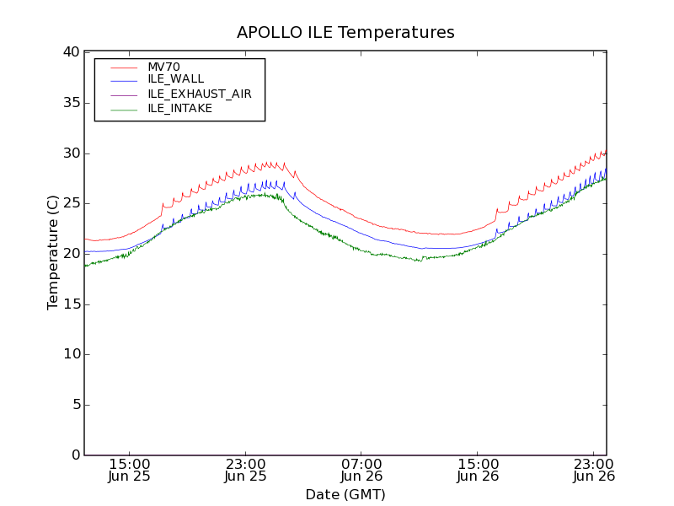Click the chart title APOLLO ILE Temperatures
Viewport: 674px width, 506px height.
[345, 33]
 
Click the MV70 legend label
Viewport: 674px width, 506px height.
[163, 67]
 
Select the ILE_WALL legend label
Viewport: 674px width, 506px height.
[175, 79]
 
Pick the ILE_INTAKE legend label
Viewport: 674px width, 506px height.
[179, 108]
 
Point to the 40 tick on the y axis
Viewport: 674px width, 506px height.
[70, 52]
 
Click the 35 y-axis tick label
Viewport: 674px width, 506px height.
[70, 103]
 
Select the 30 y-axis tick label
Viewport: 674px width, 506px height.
[70, 153]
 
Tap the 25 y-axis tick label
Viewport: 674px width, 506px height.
[70, 203]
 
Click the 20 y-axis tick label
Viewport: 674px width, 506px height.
[70, 254]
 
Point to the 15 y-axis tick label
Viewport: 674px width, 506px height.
[70, 304]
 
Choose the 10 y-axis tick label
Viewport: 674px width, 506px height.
[70, 354]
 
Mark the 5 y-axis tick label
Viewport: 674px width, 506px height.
[74, 405]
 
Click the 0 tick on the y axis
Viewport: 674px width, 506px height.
[74, 455]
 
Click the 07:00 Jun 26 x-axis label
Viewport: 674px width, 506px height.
[361, 470]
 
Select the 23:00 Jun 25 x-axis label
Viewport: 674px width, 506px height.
[245, 470]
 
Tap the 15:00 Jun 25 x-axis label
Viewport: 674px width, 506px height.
[130, 470]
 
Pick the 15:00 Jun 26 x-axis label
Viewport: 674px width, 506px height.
[478, 470]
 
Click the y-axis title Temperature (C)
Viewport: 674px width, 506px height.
[53, 253]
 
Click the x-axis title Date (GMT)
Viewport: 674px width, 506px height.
[345, 494]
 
